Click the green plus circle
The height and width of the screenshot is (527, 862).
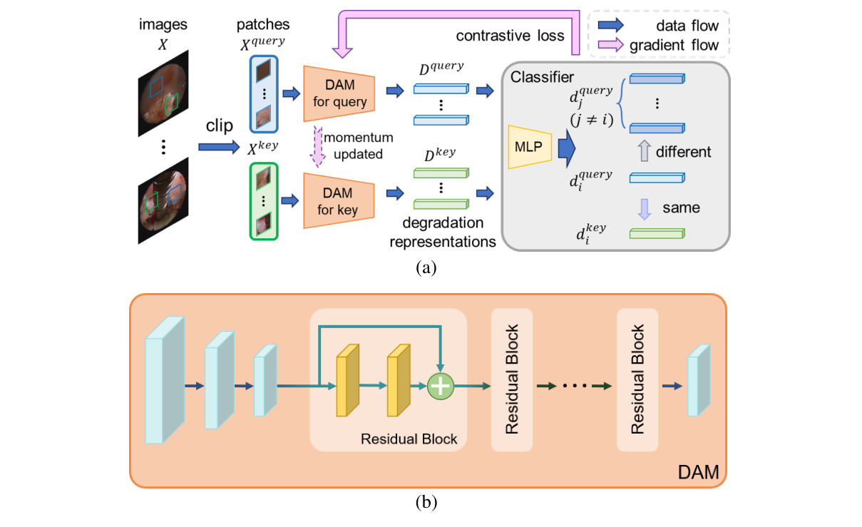click(x=441, y=386)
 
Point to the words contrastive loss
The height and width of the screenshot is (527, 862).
click(x=510, y=36)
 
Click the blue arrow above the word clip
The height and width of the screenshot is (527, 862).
click(x=219, y=146)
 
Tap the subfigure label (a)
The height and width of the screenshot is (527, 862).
click(x=426, y=267)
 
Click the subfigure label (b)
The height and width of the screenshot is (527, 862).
click(x=426, y=503)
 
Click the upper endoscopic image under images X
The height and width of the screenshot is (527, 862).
click(x=163, y=93)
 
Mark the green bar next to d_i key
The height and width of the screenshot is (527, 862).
click(x=657, y=233)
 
